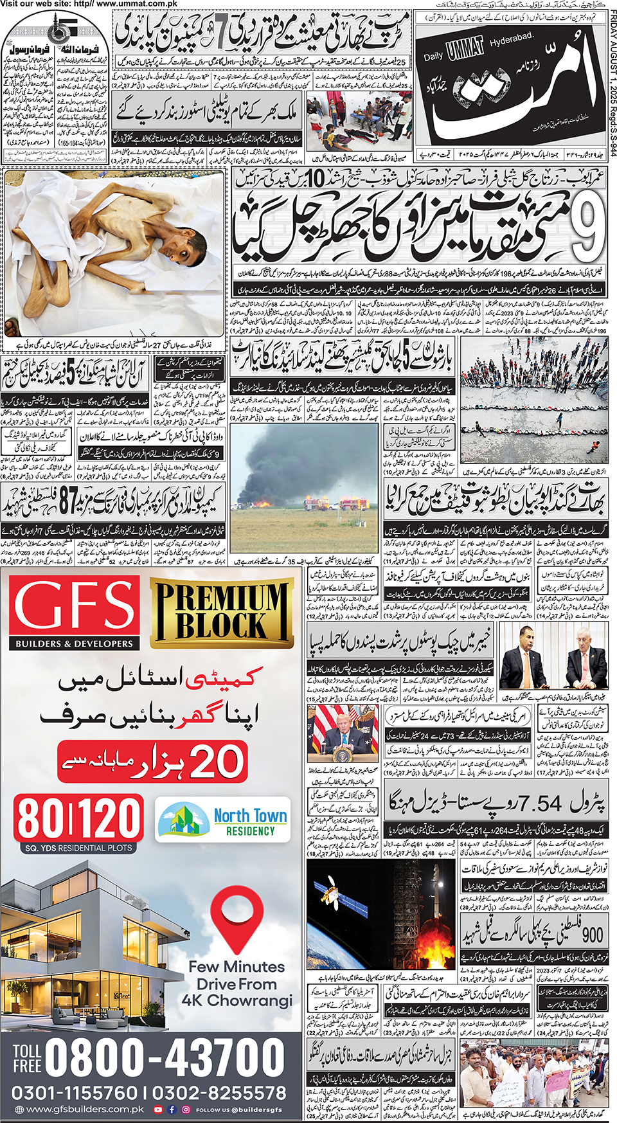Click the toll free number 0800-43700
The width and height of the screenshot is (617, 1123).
coord(165,1057)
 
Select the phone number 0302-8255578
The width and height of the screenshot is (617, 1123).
coord(219,1093)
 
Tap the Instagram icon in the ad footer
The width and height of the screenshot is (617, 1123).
coord(186,1110)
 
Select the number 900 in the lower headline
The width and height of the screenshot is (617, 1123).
coord(591,933)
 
